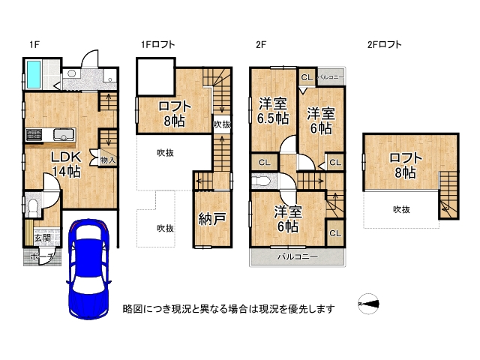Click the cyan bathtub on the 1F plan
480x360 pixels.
tap(34, 74)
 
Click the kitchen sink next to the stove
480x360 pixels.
tap(63, 135)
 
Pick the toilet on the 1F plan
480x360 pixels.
tap(34, 205)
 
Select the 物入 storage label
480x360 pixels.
tap(108, 160)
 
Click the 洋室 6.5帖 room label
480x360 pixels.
tap(274, 111)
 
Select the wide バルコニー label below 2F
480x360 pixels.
tap(297, 256)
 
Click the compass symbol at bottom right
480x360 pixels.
tap(369, 304)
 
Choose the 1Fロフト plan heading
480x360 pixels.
tap(157, 45)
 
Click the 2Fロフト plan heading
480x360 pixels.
tap(384, 45)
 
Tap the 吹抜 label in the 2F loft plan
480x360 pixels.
tap(401, 210)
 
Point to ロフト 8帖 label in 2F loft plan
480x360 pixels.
tap(404, 165)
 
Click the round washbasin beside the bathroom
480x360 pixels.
tap(73, 74)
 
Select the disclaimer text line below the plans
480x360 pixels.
tap(229, 308)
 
